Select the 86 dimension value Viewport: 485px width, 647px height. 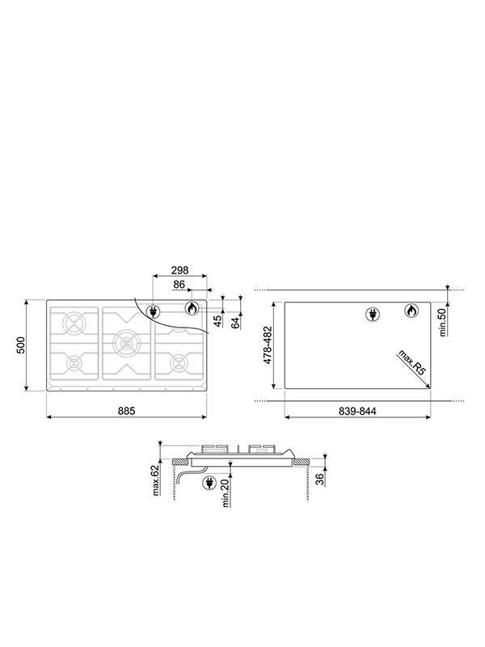point(179,285)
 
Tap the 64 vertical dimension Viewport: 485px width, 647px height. point(235,323)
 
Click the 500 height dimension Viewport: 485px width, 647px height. point(22,345)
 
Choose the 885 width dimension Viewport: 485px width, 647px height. point(127,410)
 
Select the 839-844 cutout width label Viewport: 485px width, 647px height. point(356,411)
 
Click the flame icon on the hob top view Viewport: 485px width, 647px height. point(192,308)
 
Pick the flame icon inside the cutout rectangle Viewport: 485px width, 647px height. point(411,311)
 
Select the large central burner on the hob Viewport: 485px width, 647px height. point(125,343)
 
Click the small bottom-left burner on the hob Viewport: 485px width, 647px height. point(74,362)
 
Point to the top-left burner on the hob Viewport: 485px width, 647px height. point(74,323)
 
